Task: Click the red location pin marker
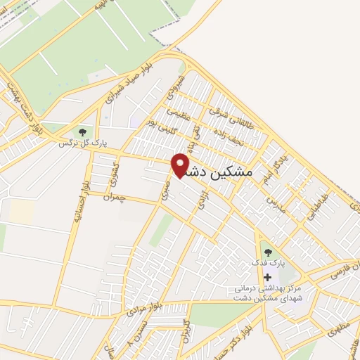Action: click(181, 164)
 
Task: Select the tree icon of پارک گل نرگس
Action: click(83, 131)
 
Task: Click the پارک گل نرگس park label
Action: click(83, 143)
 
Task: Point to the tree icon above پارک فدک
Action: click(266, 252)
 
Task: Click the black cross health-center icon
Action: click(266, 277)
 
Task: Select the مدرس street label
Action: click(272, 205)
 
